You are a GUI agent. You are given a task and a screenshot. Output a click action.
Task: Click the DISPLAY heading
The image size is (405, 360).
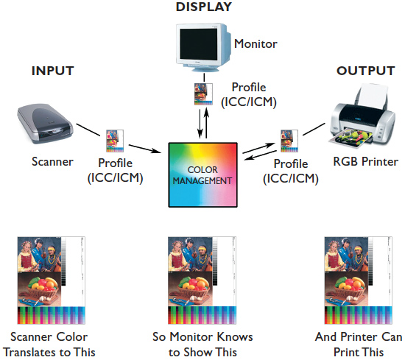pos(203,7)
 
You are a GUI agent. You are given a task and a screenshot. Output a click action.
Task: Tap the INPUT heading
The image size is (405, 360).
pos(53,71)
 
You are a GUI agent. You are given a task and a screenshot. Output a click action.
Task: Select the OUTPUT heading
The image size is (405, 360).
pos(366,71)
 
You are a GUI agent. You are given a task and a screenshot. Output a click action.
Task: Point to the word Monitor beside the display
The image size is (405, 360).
pos(256,43)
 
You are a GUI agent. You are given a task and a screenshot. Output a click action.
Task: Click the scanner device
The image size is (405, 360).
pos(45,124)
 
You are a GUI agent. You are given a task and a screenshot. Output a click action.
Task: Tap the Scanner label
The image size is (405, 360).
pos(52,162)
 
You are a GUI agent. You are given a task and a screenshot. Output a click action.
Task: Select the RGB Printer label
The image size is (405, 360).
pos(365,162)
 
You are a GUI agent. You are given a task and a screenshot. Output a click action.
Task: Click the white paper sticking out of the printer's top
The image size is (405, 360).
pos(373,94)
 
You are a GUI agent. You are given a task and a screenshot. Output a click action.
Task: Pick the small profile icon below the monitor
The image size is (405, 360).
pos(203,94)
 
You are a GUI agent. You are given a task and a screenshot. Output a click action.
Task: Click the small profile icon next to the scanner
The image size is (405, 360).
pos(115,141)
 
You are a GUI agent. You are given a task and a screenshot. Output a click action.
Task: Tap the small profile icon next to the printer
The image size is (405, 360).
pos(289,141)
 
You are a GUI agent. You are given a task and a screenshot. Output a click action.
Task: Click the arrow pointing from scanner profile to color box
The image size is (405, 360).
pos(145,149)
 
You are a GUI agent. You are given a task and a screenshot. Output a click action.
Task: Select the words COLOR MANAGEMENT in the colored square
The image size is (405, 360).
pos(202,175)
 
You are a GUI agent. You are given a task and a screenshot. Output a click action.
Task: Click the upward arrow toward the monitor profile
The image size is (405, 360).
pos(206,123)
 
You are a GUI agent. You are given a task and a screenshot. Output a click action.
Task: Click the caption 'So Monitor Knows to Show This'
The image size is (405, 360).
pos(202,345)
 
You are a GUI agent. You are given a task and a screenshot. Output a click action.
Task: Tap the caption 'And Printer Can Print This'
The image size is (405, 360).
pos(359,345)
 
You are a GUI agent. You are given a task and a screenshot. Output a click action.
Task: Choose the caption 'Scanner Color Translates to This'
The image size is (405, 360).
pos(49,345)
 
